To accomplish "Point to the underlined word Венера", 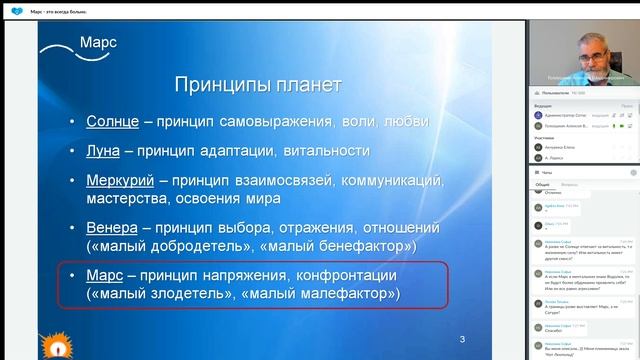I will (x=112, y=226).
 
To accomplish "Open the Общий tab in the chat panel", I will (x=542, y=185).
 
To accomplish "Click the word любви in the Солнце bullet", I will (x=408, y=121).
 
